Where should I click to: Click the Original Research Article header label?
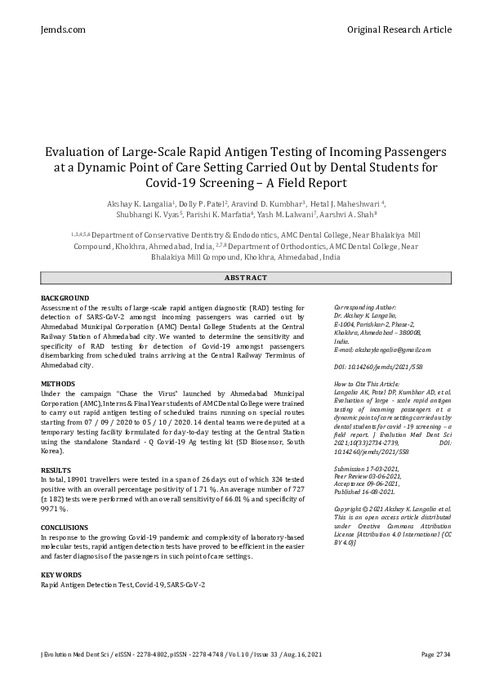pyautogui.click(x=399, y=29)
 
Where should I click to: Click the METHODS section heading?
pyautogui.click(x=57, y=383)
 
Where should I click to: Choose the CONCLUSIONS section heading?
pyautogui.click(x=65, y=528)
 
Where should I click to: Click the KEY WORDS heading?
pyautogui.click(x=60, y=576)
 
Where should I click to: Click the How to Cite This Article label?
pyautogui.click(x=367, y=383)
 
